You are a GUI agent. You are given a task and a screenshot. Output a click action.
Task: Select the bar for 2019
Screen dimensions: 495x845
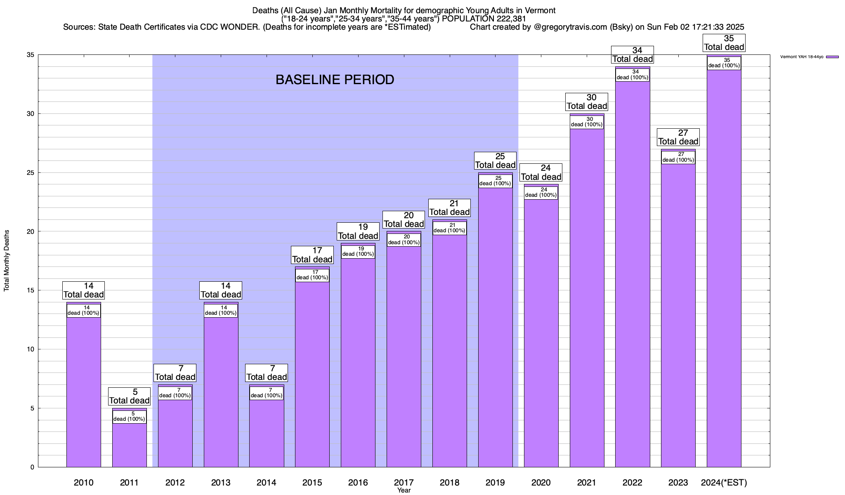click(x=496, y=330)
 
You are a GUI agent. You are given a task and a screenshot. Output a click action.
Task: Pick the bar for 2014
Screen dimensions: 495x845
click(x=267, y=433)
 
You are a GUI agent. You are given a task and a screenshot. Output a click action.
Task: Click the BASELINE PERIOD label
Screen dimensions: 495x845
click(x=335, y=80)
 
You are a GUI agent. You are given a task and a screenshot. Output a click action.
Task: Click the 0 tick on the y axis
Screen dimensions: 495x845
click(x=31, y=467)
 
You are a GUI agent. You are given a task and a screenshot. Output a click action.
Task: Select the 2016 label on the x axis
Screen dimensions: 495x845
click(x=358, y=483)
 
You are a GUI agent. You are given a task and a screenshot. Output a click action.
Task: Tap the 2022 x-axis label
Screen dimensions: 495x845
click(x=633, y=483)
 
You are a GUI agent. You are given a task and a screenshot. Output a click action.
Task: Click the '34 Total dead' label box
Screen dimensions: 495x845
click(x=633, y=55)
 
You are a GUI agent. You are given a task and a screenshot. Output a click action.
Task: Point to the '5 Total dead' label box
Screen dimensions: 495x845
click(x=130, y=396)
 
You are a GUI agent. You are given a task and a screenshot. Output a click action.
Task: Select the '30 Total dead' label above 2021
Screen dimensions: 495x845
click(x=587, y=102)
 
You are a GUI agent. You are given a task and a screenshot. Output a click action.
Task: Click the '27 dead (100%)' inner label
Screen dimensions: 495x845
click(x=678, y=157)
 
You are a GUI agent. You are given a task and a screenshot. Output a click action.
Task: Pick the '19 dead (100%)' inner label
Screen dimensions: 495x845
click(x=358, y=252)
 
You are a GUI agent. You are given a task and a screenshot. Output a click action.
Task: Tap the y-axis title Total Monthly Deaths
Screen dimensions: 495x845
click(x=7, y=261)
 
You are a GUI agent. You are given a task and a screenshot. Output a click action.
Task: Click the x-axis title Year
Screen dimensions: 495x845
click(x=404, y=490)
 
